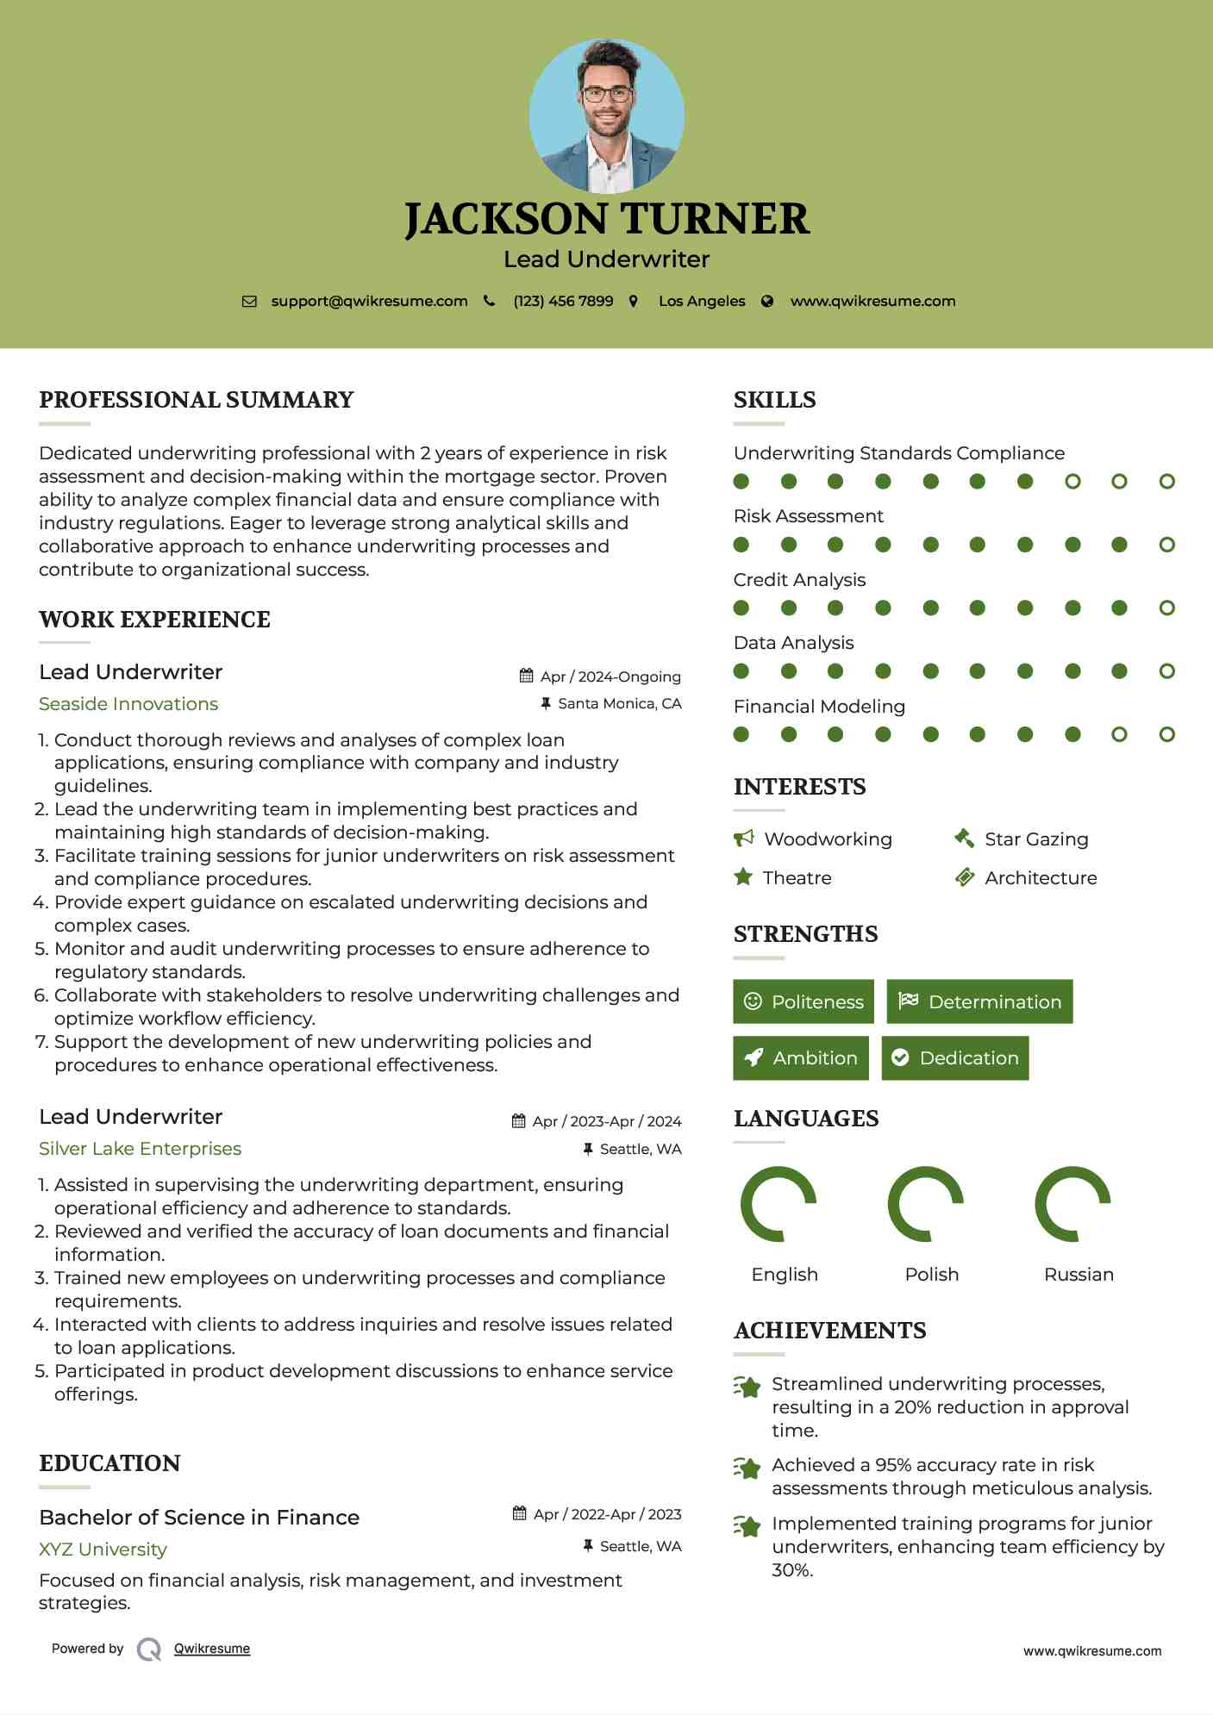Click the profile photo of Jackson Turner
606,115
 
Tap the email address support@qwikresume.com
369,301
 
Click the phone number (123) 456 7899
563,301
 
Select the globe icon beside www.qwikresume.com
767,301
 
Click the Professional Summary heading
197,400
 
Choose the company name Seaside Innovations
128,704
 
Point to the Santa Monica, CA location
619,703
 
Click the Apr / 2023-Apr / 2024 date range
606,1121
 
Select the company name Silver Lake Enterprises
140,1149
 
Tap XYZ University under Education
103,1550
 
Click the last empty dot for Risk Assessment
1166,545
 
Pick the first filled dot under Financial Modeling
741,734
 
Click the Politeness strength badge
803,1001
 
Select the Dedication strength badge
955,1057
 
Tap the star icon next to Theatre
743,877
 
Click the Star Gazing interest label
1036,839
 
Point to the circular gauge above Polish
925,1204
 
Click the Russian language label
1079,1274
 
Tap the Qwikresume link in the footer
212,1649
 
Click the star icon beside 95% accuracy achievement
747,1468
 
